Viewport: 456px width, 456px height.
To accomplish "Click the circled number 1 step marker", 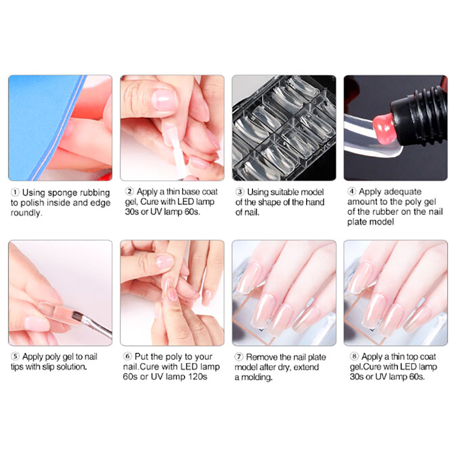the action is [15, 193].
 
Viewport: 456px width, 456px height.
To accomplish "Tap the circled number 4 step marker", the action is [352, 192].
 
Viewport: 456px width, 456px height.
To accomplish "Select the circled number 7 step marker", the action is [239, 357].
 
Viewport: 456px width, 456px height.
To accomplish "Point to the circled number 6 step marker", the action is [127, 356].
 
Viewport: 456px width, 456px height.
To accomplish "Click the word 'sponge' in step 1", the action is [63, 193].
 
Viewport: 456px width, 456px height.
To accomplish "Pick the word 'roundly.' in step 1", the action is [26, 213].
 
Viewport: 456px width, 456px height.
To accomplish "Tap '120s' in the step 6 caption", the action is [198, 377].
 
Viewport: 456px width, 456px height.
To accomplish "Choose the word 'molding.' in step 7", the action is [257, 377].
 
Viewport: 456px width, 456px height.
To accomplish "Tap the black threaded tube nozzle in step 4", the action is [418, 114].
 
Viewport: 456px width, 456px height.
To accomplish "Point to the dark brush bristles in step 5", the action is [76, 316].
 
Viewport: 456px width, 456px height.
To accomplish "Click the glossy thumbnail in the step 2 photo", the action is [164, 100].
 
